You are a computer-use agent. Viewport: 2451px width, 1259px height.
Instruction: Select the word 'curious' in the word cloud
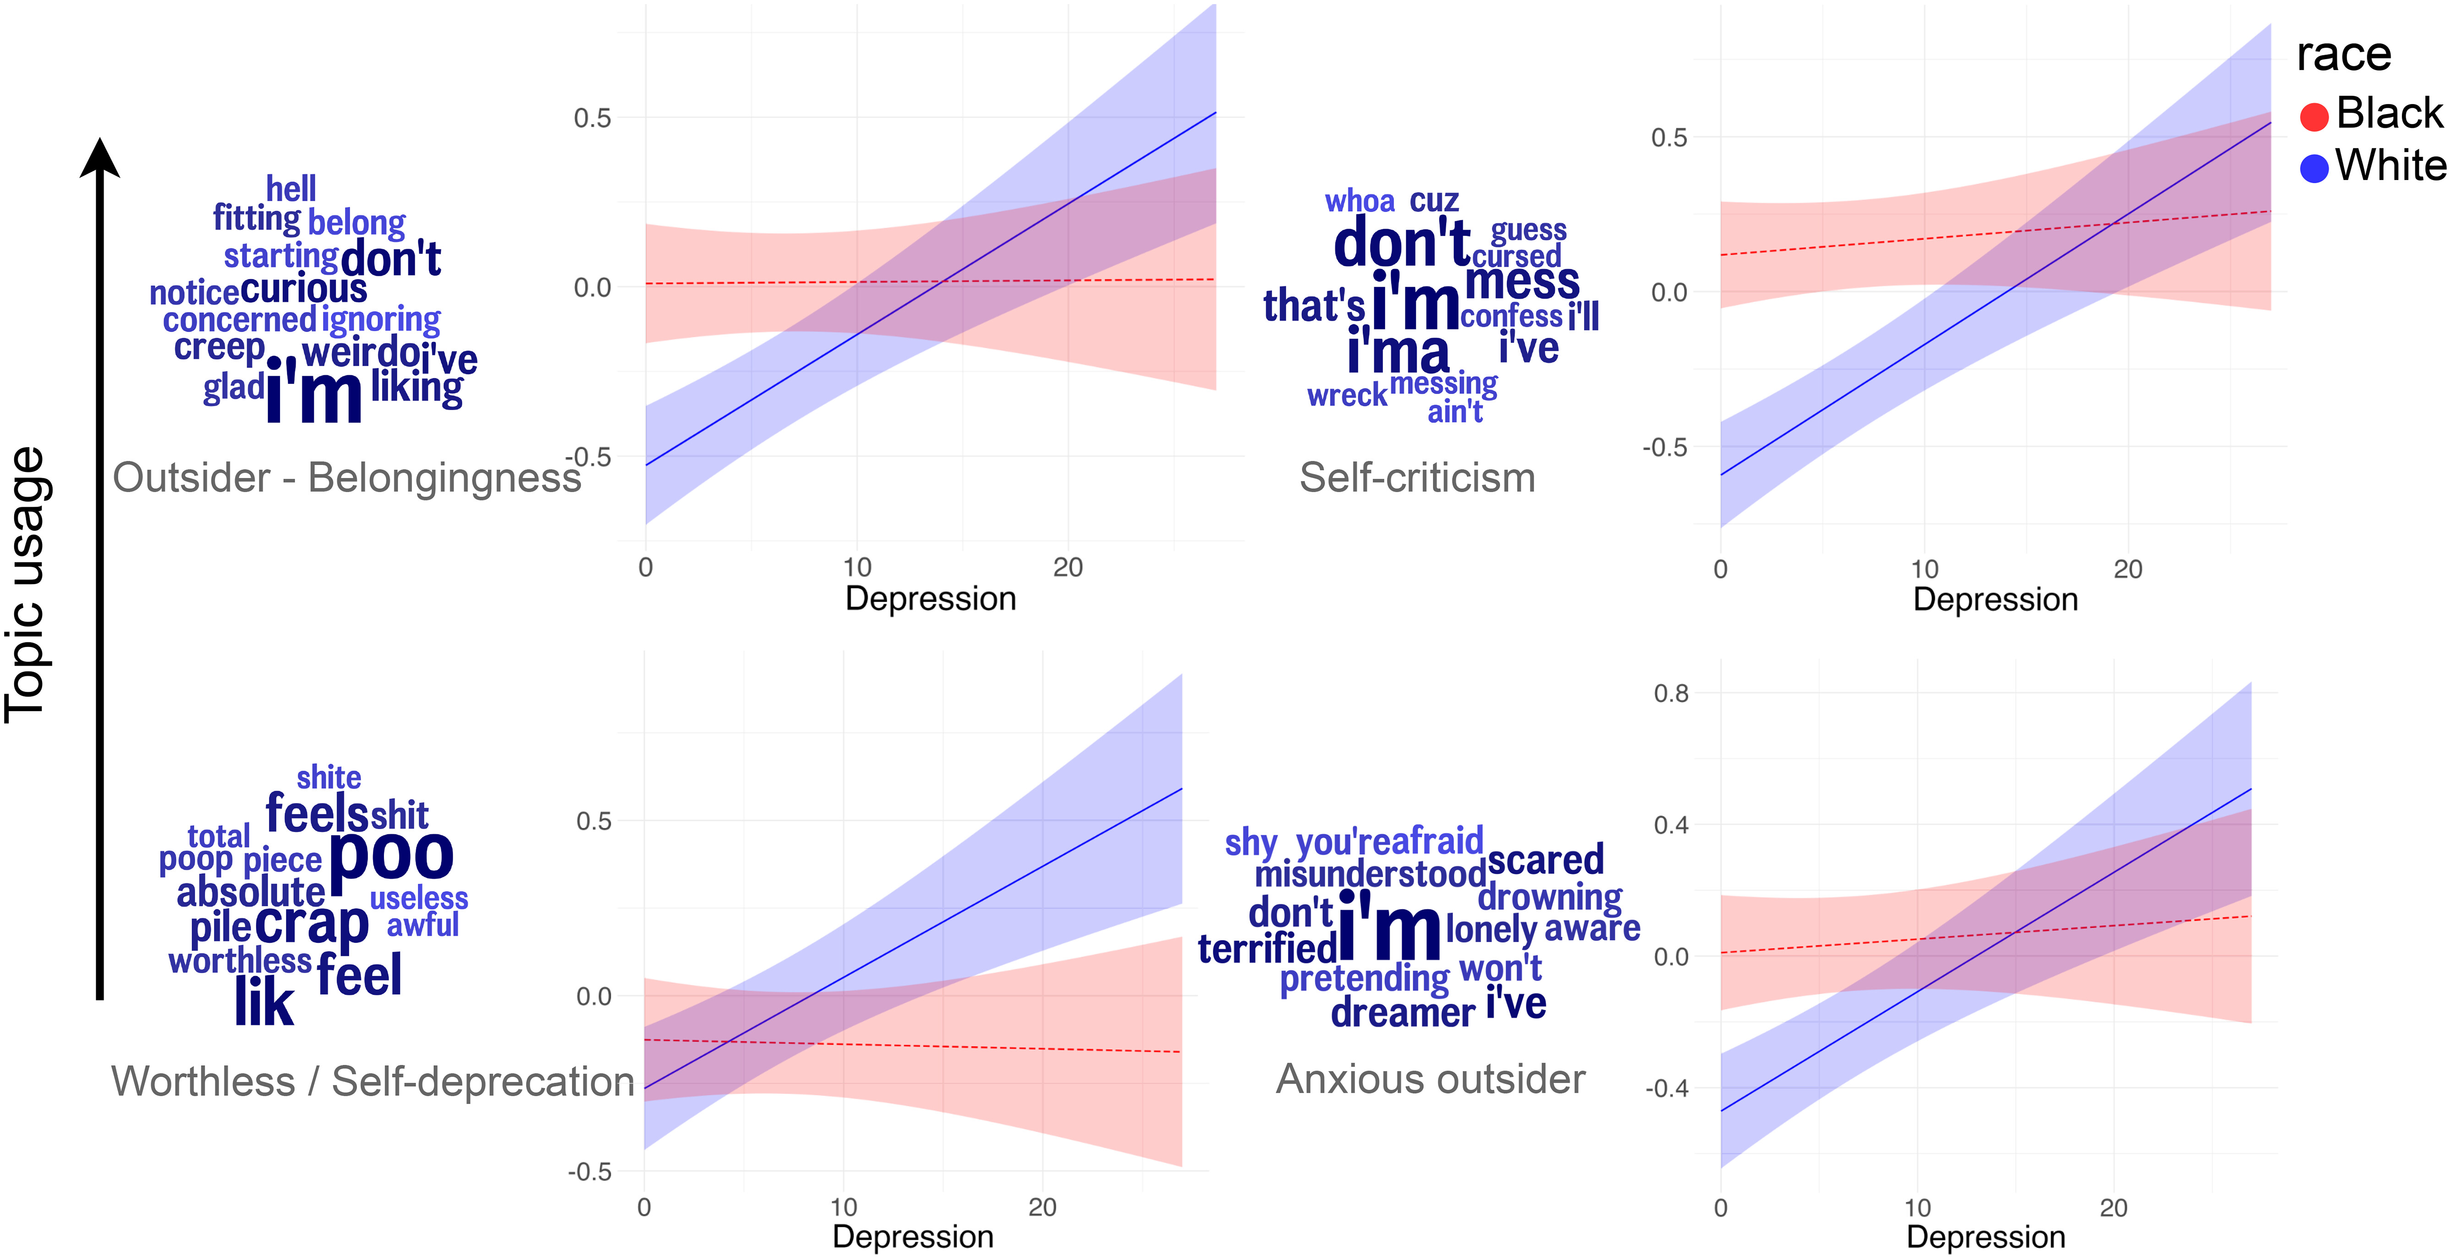tap(303, 288)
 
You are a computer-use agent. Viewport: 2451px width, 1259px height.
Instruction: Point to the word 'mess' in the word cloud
tap(1521, 282)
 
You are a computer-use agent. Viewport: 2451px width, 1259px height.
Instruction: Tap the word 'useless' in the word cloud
tap(419, 898)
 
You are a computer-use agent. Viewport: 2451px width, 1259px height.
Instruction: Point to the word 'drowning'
tap(1550, 897)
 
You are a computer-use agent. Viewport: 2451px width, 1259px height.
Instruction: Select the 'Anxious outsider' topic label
tap(1430, 1079)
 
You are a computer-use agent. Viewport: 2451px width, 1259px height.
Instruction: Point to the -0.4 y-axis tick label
tap(1667, 1088)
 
